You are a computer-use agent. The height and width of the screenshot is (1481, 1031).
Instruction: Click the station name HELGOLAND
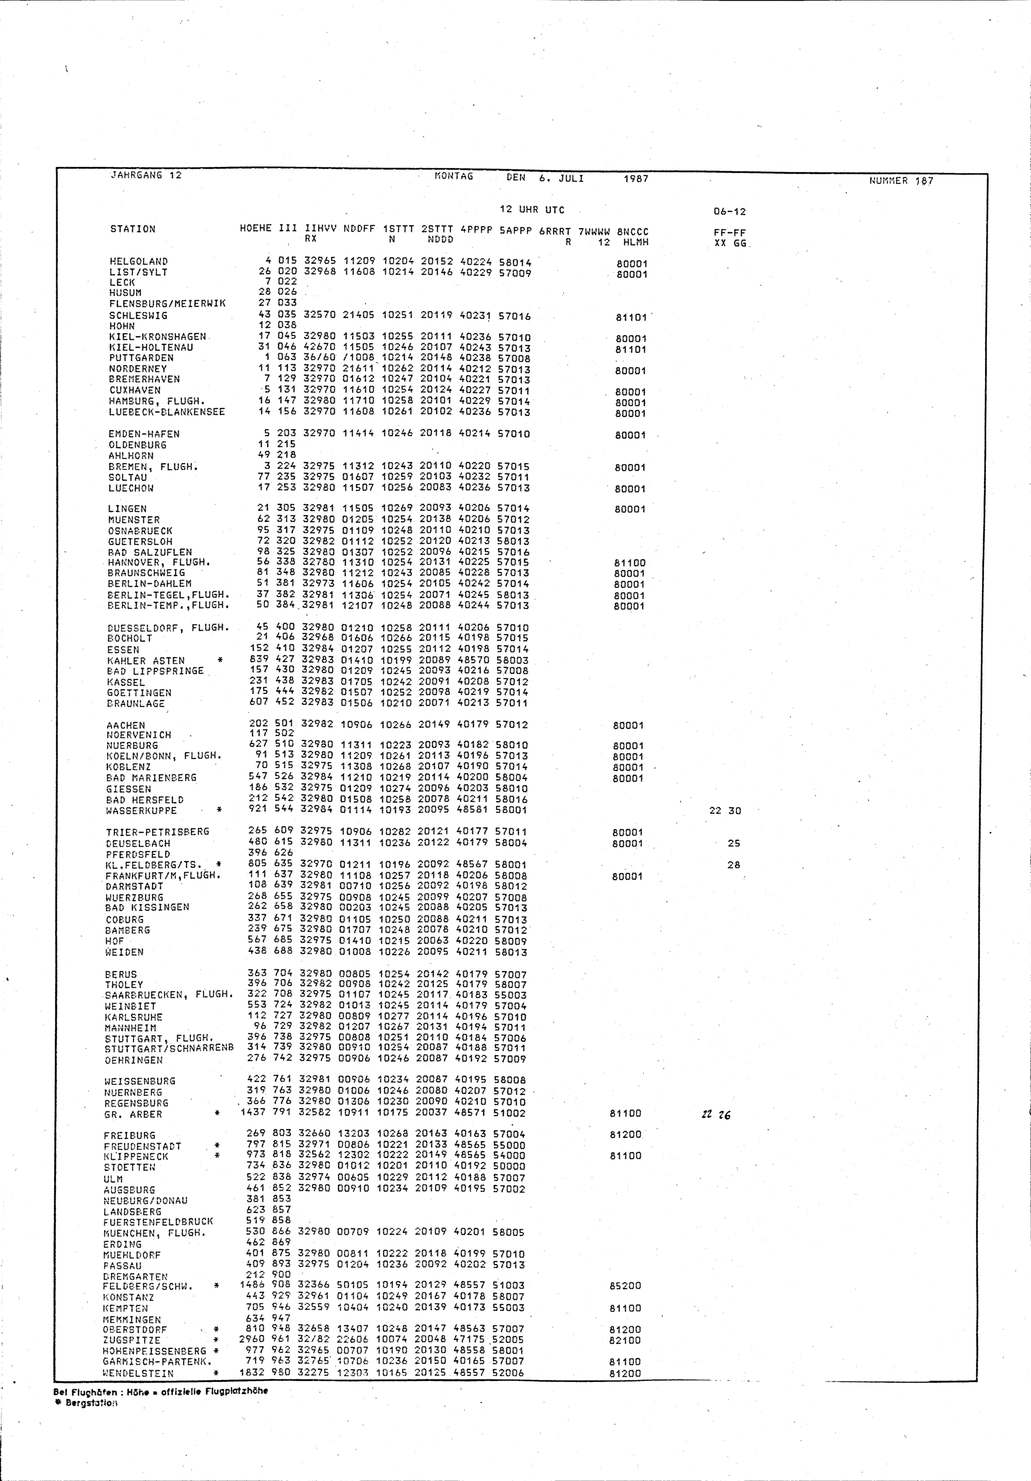(139, 261)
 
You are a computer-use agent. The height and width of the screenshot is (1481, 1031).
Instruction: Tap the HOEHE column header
(255, 228)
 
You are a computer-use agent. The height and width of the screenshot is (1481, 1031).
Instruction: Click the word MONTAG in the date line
(454, 176)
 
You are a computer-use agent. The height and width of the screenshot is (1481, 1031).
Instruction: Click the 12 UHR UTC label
(532, 210)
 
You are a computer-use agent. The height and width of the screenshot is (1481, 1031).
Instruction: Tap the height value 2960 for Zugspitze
(252, 1339)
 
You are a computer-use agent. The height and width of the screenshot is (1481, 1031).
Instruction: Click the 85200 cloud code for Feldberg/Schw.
(625, 1286)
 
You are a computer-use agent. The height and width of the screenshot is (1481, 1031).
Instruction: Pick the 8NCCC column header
(633, 232)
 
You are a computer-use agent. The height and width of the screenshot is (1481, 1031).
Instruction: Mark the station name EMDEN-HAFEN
(144, 434)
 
